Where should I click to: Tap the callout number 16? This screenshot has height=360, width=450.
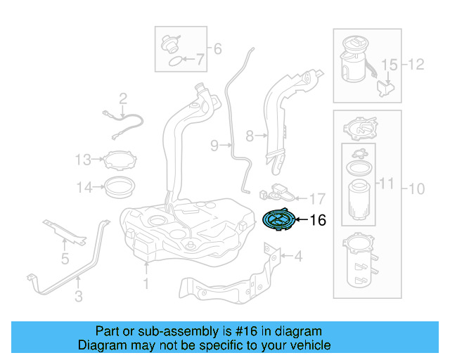tap(318, 221)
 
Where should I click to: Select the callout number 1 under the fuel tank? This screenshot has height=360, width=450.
tap(146, 284)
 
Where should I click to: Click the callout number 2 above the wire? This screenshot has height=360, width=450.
tap(122, 98)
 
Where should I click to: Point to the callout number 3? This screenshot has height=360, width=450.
tap(65, 259)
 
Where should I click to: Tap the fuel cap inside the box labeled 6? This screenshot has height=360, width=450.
tap(169, 43)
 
